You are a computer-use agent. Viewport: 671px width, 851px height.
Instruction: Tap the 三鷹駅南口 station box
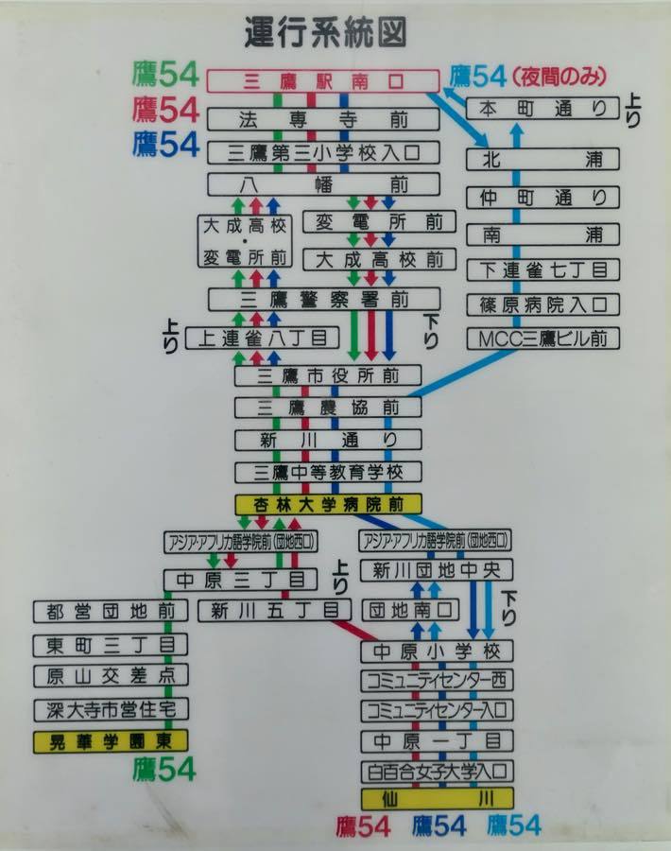coord(323,82)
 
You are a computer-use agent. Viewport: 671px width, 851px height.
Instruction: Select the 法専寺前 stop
coord(323,119)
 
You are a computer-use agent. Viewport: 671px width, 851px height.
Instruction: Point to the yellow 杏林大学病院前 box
coord(328,505)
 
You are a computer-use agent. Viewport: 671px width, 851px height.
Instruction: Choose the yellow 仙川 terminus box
coord(437,798)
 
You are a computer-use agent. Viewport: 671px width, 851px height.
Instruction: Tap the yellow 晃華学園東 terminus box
coord(111,739)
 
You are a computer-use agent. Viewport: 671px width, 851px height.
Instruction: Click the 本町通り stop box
coord(542,109)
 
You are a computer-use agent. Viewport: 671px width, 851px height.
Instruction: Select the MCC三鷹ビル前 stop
coord(542,338)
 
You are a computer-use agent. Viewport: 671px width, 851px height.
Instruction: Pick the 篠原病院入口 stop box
coord(542,304)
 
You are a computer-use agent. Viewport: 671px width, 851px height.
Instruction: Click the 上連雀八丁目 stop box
coord(262,338)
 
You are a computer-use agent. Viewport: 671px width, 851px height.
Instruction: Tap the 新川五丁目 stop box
coord(268,610)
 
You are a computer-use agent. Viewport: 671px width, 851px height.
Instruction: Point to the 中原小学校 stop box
coord(437,651)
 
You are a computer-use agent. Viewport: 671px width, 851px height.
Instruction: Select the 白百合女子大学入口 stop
coord(437,770)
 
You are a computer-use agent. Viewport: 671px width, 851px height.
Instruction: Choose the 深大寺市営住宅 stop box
coord(111,709)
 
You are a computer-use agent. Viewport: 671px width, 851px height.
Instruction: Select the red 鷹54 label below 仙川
coord(363,825)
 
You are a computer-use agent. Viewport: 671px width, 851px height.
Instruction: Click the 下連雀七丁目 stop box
coord(542,269)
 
